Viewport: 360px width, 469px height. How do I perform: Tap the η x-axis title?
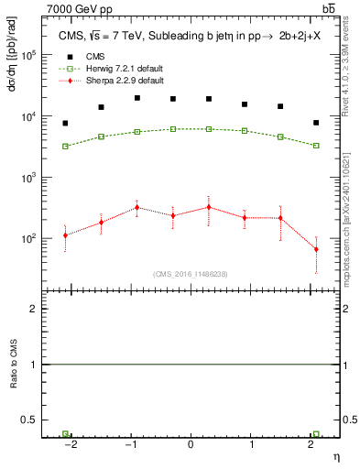pyautogui.click(x=335, y=455)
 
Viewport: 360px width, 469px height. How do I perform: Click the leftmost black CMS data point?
pyautogui.click(x=65, y=123)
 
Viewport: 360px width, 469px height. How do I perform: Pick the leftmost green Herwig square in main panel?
pyautogui.click(x=65, y=146)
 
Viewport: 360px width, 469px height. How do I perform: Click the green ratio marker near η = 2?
pyautogui.click(x=316, y=434)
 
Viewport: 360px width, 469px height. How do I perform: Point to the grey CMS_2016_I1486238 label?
pyautogui.click(x=191, y=274)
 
